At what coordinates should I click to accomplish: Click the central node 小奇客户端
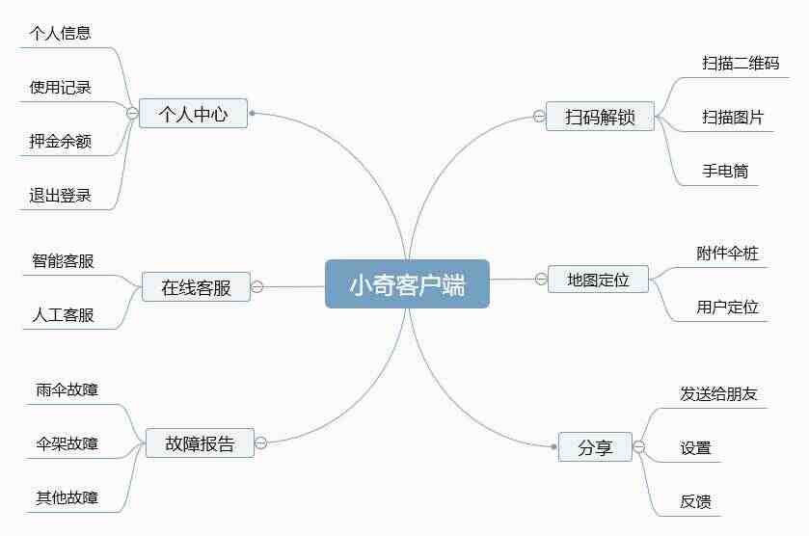[407, 284]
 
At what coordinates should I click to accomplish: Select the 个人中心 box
[194, 114]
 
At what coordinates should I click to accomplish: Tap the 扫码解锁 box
[600, 117]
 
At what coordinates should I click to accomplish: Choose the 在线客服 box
[196, 287]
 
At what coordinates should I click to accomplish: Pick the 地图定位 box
[598, 280]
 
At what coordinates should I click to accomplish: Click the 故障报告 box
[200, 442]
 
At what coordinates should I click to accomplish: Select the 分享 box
[595, 446]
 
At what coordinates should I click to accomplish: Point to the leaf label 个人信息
[61, 33]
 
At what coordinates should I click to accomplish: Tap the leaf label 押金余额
[61, 141]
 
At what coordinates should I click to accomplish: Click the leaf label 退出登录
[61, 195]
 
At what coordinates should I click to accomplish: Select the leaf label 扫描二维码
[741, 63]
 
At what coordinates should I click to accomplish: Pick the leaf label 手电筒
[725, 171]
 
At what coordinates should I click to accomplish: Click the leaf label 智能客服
[63, 260]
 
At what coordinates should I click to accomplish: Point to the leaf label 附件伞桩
[727, 253]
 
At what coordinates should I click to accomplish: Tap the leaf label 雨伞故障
[67, 389]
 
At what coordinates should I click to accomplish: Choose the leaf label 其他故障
[67, 497]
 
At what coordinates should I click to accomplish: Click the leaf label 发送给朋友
[718, 393]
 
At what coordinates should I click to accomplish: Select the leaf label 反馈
[695, 501]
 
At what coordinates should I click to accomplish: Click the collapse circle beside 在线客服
[256, 287]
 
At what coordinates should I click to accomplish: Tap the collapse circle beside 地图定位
[541, 280]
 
